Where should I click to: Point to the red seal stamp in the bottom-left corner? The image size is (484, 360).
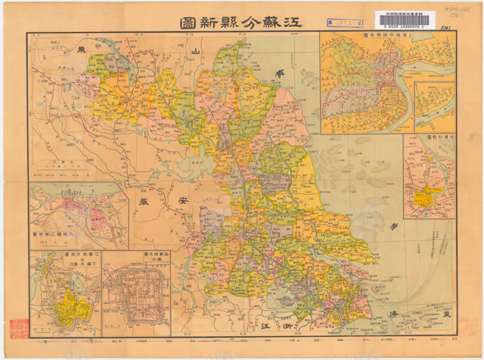click(18, 328)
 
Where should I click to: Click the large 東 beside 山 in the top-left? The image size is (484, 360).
click(80, 53)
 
